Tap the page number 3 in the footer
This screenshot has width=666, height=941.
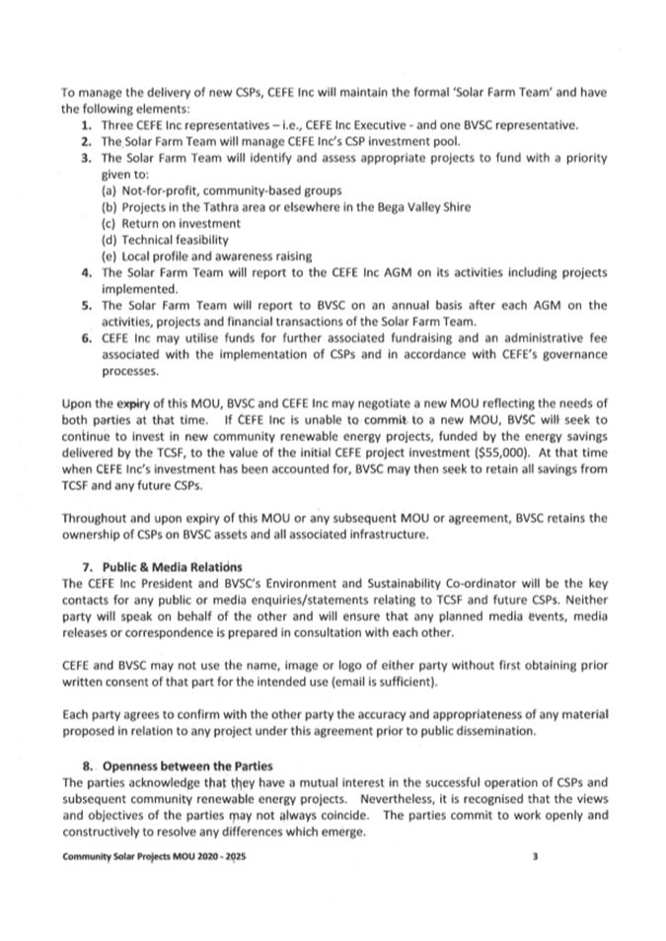[x=534, y=857]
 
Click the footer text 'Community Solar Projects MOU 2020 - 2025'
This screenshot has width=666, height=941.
[x=154, y=857]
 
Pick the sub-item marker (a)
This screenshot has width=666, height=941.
[x=111, y=189]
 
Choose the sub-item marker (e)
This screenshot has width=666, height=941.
[x=111, y=255]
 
